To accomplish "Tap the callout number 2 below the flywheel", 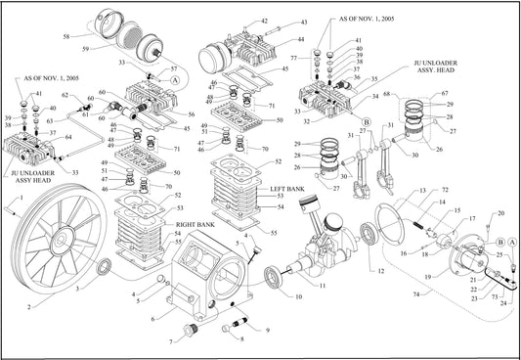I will (29, 305).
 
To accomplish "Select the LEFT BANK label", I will (287, 188).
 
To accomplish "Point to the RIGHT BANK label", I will (198, 225).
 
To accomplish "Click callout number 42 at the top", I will (264, 21).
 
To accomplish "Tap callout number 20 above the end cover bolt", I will (501, 212).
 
